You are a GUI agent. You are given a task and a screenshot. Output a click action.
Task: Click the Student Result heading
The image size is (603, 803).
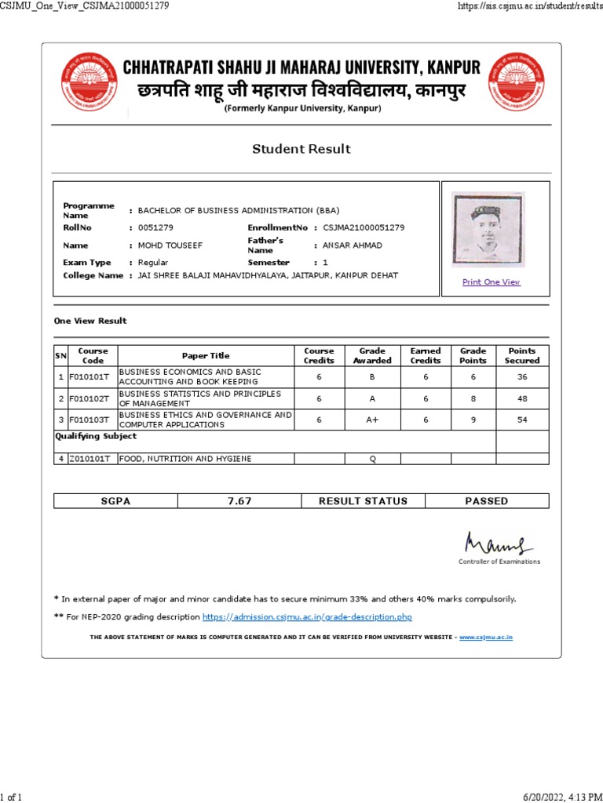coord(301,149)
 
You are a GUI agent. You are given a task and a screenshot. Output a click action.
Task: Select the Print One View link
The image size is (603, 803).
coord(492,282)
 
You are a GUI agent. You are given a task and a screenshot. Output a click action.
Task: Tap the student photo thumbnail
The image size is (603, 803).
coord(488,229)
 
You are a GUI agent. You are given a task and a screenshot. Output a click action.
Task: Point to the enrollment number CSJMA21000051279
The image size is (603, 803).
coord(364,227)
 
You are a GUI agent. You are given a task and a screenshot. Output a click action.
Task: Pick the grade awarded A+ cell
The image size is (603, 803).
coord(372,420)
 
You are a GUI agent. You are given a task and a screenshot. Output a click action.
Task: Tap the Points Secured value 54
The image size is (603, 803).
coord(522,420)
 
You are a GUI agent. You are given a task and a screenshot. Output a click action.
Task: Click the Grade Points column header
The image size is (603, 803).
coord(473,356)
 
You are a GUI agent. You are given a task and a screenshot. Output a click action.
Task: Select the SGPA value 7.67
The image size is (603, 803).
coord(239,501)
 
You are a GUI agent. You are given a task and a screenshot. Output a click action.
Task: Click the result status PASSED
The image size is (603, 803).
coord(487,501)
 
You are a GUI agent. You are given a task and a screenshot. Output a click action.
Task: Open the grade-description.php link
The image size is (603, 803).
coord(307,617)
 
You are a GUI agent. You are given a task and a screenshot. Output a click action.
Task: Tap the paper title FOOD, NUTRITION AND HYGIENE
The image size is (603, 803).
coord(186,459)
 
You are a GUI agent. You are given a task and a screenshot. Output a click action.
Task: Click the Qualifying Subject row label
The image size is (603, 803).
coord(95,436)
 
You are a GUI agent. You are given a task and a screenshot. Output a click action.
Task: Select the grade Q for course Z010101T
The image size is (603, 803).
coord(372,459)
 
